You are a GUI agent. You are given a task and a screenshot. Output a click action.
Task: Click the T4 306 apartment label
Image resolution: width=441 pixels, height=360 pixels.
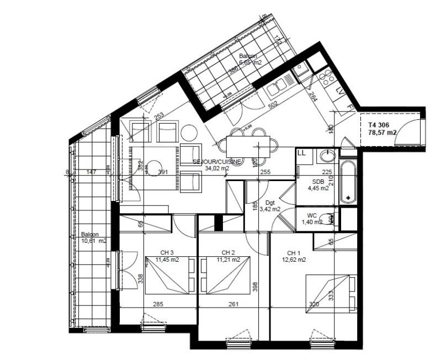(x=380, y=125)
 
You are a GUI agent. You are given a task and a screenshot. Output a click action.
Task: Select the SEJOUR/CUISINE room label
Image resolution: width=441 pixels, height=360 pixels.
(x=216, y=162)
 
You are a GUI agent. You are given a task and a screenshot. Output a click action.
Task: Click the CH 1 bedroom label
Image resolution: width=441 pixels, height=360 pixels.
(x=293, y=252)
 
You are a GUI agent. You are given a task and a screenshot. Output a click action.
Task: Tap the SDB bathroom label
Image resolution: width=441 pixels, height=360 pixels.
(x=318, y=181)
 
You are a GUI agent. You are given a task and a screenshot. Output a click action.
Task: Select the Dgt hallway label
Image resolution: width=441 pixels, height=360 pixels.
(x=270, y=203)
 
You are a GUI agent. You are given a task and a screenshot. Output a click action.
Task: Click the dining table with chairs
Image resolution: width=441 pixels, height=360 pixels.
(x=248, y=144)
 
